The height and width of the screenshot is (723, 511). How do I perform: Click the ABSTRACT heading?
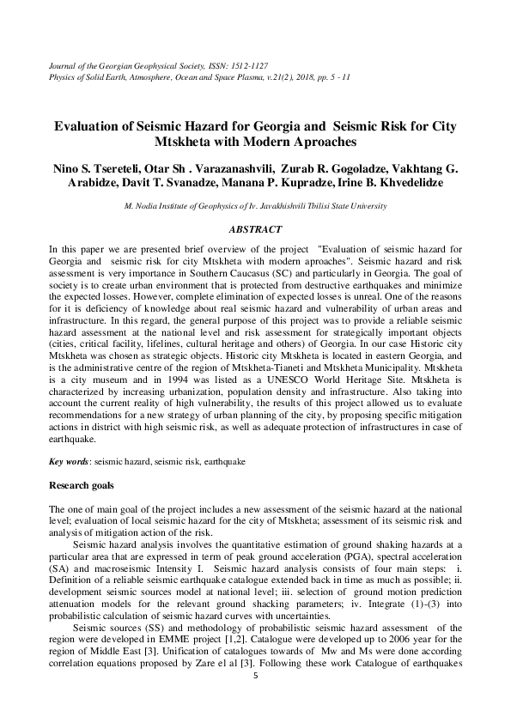pyautogui.click(x=255, y=229)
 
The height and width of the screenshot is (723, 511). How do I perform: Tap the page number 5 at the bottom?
pyautogui.click(x=255, y=675)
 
